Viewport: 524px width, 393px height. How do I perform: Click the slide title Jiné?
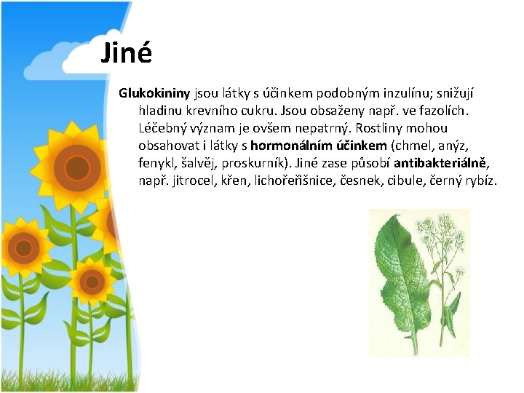click(x=126, y=53)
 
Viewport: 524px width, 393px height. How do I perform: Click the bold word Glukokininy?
click(x=154, y=94)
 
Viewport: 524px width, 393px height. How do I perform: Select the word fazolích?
click(x=445, y=111)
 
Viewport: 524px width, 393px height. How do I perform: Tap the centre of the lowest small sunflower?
click(x=92, y=280)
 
